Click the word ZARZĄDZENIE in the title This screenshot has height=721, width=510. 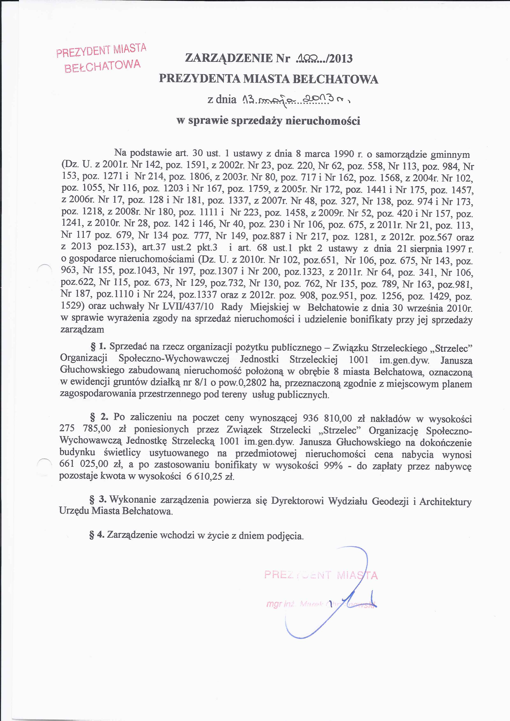[229, 58]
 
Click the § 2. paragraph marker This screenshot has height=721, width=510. [99, 417]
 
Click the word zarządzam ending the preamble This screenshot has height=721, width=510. [82, 329]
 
